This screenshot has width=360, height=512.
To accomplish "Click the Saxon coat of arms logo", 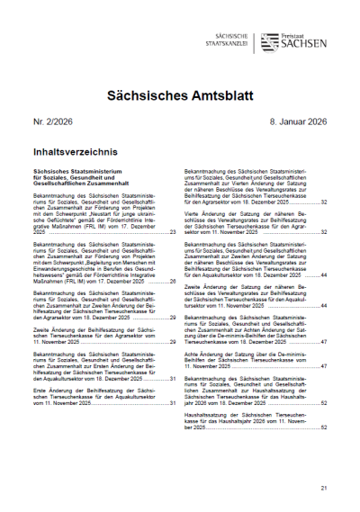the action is (x=268, y=41).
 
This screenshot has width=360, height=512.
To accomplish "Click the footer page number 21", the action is (x=324, y=489).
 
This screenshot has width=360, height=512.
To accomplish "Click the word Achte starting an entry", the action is (x=196, y=355).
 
